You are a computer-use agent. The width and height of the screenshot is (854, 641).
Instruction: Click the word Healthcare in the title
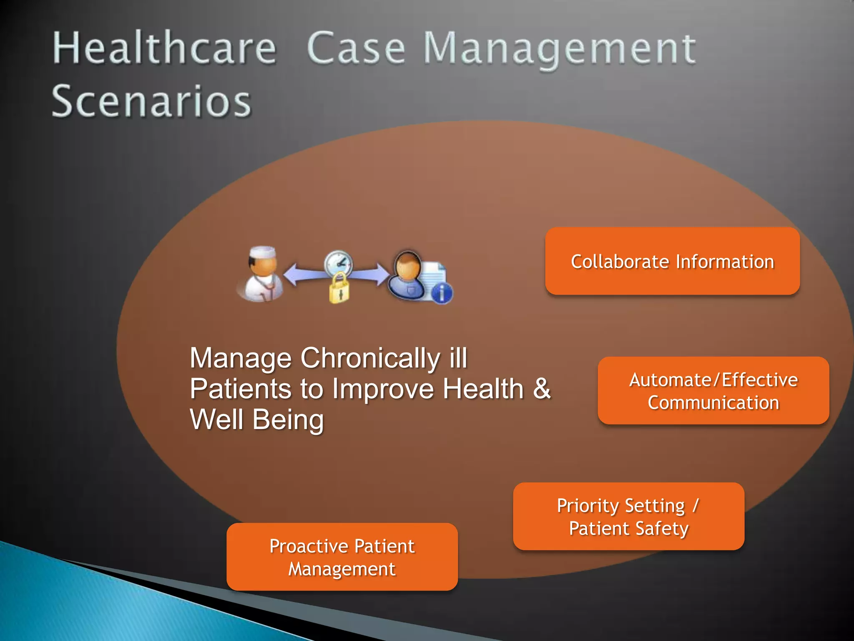point(164,49)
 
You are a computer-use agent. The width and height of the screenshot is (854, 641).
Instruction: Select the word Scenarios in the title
point(151,101)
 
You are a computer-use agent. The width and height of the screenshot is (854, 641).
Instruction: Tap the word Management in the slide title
point(560,50)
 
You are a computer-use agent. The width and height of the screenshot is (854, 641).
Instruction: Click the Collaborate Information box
point(672,261)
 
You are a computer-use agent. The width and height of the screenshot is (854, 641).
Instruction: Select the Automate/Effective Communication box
point(713,391)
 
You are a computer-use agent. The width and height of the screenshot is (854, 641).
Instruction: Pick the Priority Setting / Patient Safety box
point(628,517)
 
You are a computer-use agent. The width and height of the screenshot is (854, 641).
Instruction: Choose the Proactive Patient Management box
point(342,557)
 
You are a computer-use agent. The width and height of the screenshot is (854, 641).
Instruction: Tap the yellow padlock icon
point(339,289)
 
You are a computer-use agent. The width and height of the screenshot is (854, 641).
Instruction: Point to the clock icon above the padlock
point(339,263)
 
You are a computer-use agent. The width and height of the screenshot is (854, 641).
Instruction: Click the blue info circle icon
point(442,293)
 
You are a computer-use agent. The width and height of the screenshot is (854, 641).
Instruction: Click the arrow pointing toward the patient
point(371,274)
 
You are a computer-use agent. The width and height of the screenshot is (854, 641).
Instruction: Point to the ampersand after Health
point(542,389)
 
